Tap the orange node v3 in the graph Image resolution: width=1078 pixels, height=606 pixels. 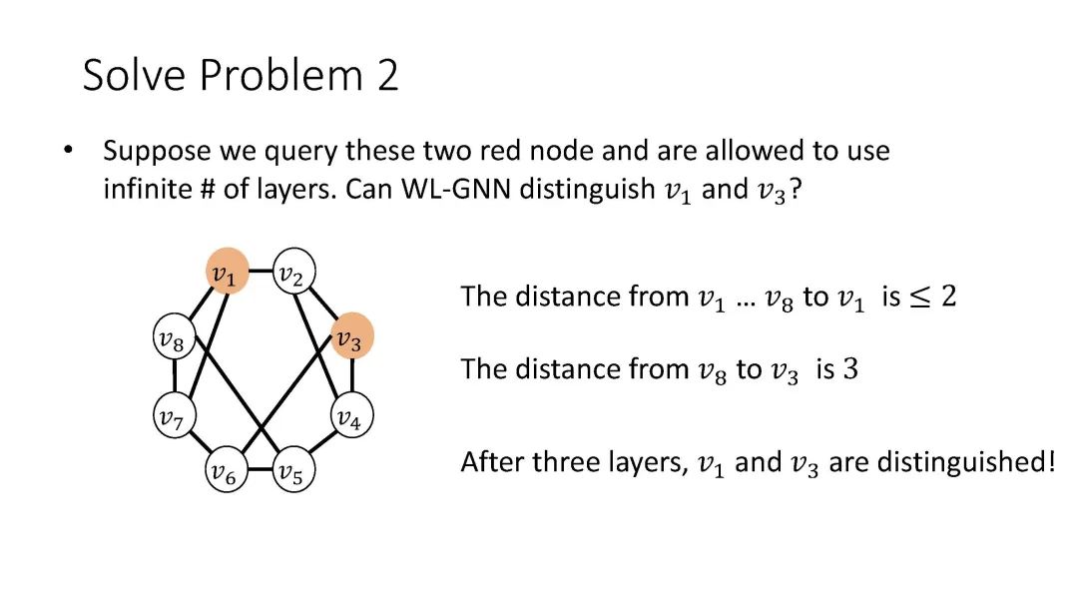pyautogui.click(x=349, y=337)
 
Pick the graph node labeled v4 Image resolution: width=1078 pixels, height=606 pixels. pyautogui.click(x=347, y=415)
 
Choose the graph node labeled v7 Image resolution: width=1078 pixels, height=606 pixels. pyautogui.click(x=173, y=415)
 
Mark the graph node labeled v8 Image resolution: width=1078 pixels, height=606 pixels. pyautogui.click(x=173, y=339)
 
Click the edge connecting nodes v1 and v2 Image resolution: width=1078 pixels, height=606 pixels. pyautogui.click(x=259, y=271)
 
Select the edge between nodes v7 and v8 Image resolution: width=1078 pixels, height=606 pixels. pyautogui.click(x=173, y=377)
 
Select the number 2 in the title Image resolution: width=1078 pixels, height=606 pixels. pyautogui.click(x=387, y=76)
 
